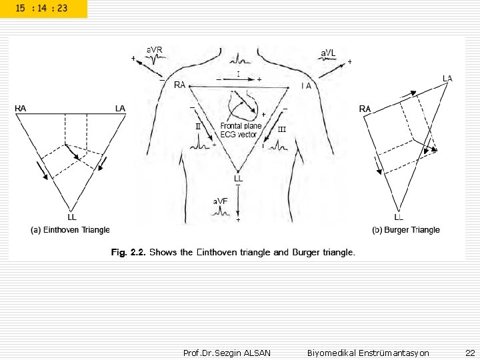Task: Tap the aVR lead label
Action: [x=155, y=49]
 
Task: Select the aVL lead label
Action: [x=328, y=53]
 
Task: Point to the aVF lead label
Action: [x=221, y=201]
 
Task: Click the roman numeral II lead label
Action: [x=198, y=125]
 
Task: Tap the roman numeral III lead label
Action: [x=281, y=129]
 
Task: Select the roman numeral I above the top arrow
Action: [x=238, y=73]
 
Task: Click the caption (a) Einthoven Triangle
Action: [x=71, y=230]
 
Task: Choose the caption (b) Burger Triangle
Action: [x=406, y=230]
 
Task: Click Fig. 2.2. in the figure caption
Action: [x=128, y=253]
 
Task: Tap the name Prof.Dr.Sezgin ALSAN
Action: [x=227, y=353]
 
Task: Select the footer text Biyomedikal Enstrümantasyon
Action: [x=368, y=353]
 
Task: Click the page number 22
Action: [x=470, y=353]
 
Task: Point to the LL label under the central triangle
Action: [x=239, y=179]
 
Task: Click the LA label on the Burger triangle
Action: [x=447, y=79]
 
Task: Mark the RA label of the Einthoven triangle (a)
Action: [x=21, y=108]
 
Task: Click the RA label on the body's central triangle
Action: [x=179, y=85]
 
